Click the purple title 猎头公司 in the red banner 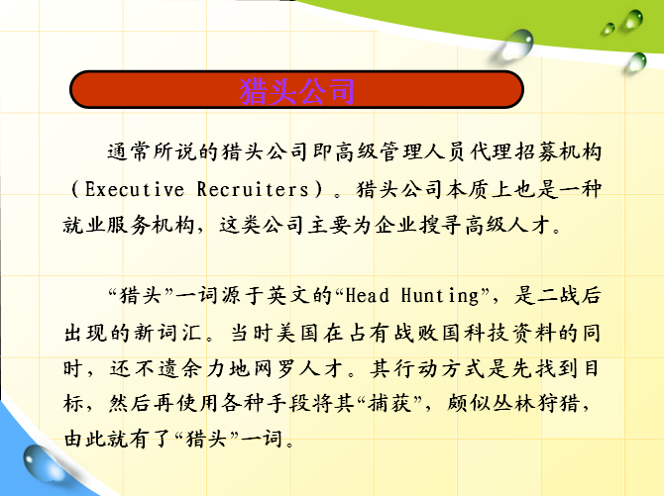tap(296, 90)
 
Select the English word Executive tap(135, 189)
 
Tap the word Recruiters tap(253, 189)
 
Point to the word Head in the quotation tap(367, 295)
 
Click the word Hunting tap(440, 296)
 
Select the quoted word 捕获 tap(389, 403)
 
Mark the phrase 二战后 tap(558, 295)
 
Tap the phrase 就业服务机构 tap(129, 225)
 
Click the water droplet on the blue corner tap(42, 463)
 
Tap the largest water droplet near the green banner tap(516, 45)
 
